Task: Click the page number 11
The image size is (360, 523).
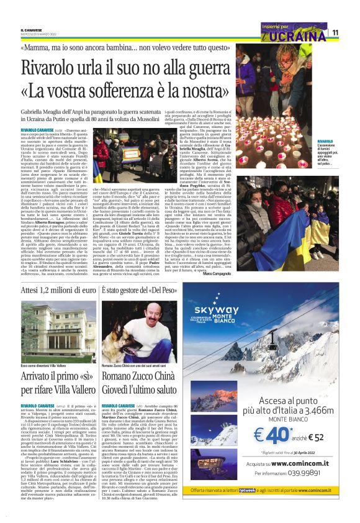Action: tap(335, 32)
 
